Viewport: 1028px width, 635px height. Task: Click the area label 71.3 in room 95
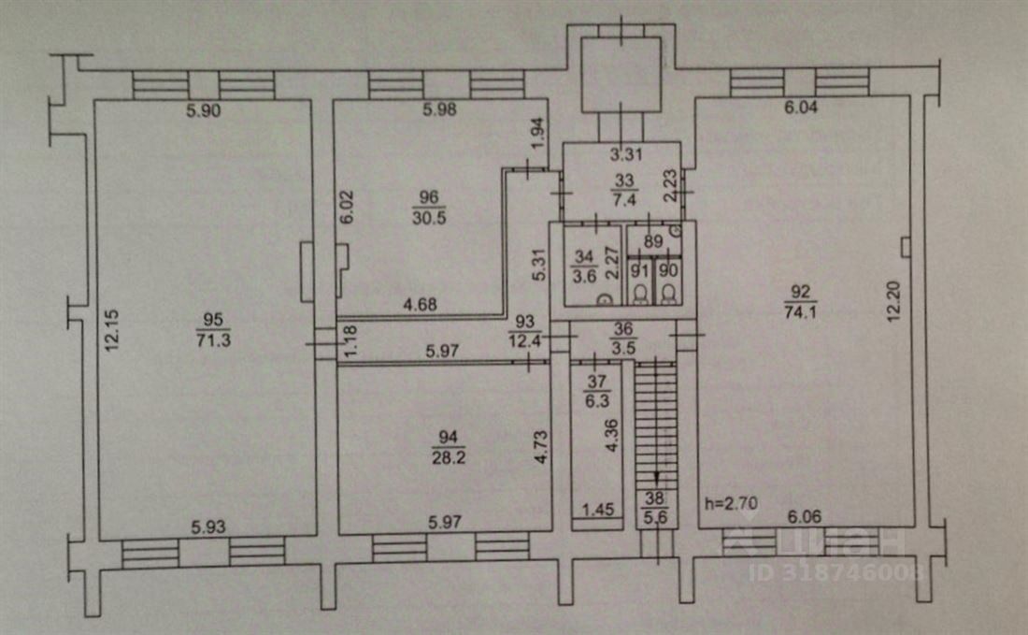[x=213, y=339]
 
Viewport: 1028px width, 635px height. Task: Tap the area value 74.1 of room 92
[x=800, y=311]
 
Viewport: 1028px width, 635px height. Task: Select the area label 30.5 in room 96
[x=430, y=217]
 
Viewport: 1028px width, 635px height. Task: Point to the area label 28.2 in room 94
[x=449, y=456]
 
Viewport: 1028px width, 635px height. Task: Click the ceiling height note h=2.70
[x=731, y=503]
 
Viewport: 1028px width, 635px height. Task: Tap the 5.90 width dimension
[x=203, y=110]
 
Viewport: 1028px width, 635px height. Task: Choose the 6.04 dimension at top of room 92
[x=801, y=107]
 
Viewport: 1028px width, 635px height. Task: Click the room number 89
[x=653, y=241]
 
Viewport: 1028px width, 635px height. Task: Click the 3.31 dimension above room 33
[x=626, y=155]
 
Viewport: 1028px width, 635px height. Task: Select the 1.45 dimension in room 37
[x=598, y=509]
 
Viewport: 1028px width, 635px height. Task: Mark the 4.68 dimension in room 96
[x=421, y=304]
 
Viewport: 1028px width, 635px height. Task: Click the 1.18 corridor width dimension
[x=352, y=341]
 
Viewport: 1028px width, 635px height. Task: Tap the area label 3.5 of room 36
[x=622, y=347]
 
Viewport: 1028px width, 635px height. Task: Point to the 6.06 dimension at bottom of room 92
[x=805, y=516]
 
